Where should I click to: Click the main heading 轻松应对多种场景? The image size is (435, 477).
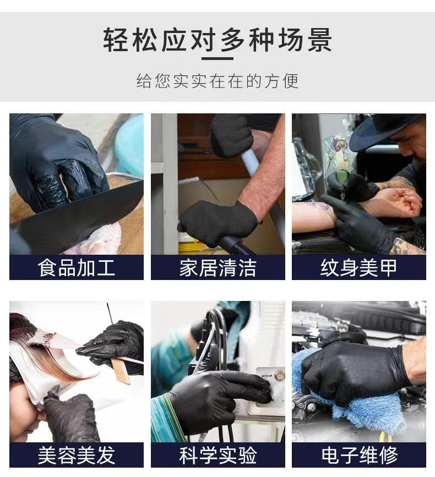[x=218, y=41]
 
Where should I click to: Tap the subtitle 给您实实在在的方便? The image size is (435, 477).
[x=218, y=81]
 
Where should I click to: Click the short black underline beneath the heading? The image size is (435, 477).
[x=218, y=58]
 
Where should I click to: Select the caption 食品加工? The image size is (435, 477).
[x=77, y=268]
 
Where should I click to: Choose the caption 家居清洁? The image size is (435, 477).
[x=218, y=268]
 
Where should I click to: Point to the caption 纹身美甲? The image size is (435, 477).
[x=358, y=268]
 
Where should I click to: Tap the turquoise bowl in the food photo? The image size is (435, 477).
[x=130, y=143]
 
